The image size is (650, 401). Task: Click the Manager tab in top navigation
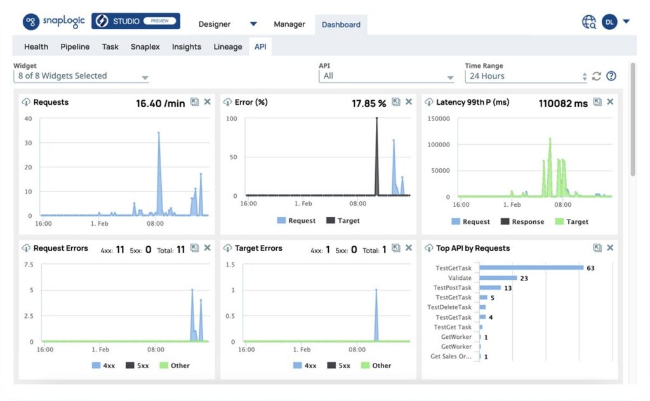(x=289, y=24)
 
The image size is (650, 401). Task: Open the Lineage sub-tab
(x=227, y=46)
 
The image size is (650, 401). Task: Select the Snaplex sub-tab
(x=145, y=46)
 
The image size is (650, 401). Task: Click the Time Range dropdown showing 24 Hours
(x=526, y=76)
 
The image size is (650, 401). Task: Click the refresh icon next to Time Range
(x=596, y=76)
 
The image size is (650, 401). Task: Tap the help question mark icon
(x=611, y=76)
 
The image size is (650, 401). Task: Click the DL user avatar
(x=609, y=22)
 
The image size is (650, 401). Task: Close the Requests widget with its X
(x=207, y=102)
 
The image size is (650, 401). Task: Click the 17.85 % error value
(x=369, y=103)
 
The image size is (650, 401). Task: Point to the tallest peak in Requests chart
(x=158, y=133)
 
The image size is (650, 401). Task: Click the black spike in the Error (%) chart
(x=376, y=119)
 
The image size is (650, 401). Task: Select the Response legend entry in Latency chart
(x=522, y=221)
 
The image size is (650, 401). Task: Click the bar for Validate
(x=498, y=278)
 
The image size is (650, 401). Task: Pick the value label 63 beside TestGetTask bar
(x=590, y=268)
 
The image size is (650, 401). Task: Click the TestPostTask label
(x=453, y=287)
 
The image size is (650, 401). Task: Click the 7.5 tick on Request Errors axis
(x=29, y=265)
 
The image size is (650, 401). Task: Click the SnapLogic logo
(x=54, y=22)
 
